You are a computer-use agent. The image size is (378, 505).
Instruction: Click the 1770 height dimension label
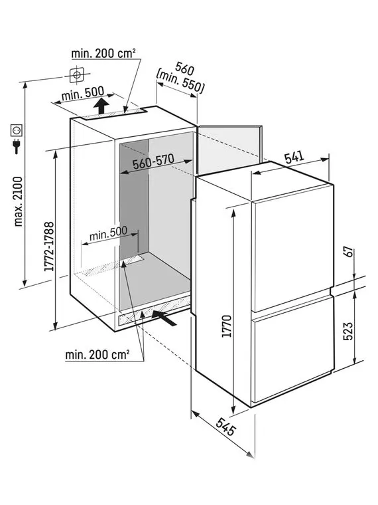tap(227, 326)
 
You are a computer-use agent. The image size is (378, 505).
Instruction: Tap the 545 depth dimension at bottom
tap(226, 427)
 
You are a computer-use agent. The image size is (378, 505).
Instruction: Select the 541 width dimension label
tap(294, 157)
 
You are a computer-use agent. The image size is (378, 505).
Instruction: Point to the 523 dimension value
tap(348, 331)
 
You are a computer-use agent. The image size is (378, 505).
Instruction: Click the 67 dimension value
tap(348, 252)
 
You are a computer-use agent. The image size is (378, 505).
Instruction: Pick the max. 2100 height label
tap(19, 201)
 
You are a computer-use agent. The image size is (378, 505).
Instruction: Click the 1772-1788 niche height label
tap(49, 247)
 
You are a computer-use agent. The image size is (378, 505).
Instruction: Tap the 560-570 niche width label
tap(154, 161)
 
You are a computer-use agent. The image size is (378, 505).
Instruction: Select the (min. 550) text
tap(180, 82)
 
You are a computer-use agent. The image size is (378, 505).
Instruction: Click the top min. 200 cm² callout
tap(103, 53)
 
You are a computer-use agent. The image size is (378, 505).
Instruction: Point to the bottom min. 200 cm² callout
tap(97, 355)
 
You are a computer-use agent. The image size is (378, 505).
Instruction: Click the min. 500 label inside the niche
tap(108, 234)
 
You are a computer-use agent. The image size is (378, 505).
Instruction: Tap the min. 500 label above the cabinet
tap(83, 94)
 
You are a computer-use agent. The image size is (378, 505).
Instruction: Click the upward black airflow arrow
tap(101, 106)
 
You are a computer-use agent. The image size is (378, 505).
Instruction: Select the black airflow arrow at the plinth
tap(164, 318)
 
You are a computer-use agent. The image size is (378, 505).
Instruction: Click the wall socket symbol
tap(16, 130)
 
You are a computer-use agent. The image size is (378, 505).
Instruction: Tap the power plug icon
tap(16, 146)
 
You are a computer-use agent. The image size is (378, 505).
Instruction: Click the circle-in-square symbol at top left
tap(77, 75)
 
